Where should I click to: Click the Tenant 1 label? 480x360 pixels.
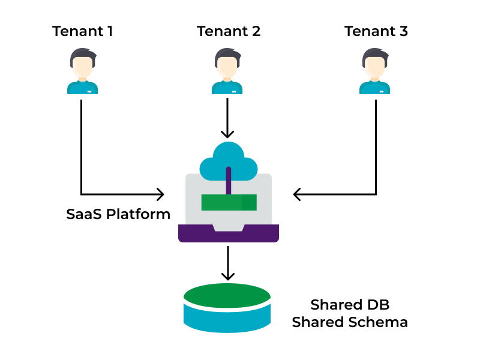83,31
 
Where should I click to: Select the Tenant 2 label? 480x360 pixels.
229,31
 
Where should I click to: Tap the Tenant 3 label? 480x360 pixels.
376,31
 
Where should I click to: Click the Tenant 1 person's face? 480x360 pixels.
83,67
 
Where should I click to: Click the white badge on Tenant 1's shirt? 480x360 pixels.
89,92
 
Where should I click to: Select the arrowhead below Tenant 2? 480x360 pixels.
227,134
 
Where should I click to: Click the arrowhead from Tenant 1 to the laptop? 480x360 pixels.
160,194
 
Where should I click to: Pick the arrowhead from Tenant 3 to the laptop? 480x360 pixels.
297,194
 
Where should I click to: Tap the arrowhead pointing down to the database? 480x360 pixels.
228,276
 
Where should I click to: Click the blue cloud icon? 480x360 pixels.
229,162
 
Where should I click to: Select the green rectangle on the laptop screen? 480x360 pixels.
229,202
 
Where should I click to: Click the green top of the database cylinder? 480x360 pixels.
227,295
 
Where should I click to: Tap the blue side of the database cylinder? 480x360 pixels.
227,320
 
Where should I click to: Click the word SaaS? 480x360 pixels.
84,214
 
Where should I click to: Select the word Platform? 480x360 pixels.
138,214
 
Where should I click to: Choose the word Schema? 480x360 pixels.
378,322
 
